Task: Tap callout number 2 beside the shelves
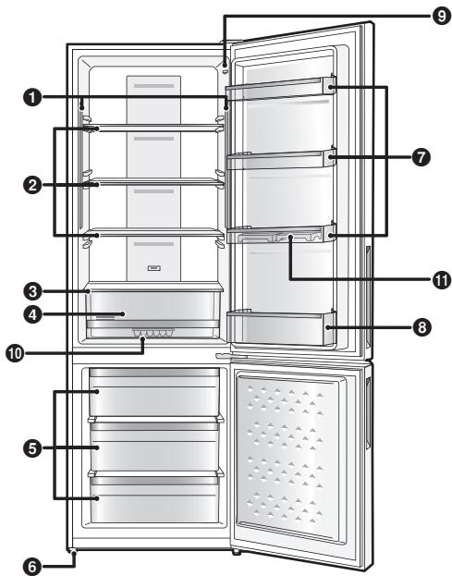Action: [x=32, y=185]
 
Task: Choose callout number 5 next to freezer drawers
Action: [x=33, y=447]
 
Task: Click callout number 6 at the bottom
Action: [x=34, y=561]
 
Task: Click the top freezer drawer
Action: [x=154, y=393]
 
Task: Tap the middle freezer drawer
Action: [x=154, y=447]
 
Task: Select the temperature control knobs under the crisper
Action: [x=153, y=333]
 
